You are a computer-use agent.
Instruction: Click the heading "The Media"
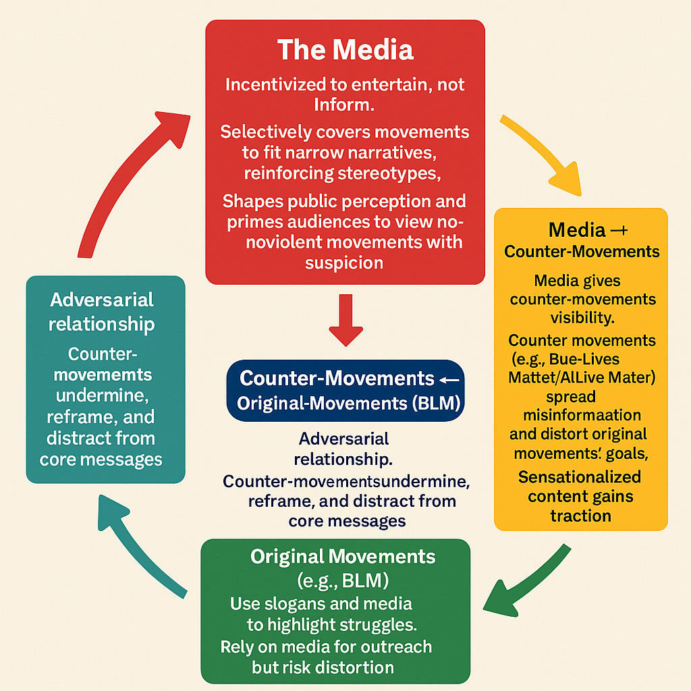point(345,50)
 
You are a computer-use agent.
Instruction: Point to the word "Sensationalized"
point(580,477)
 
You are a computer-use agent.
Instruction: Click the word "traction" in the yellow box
point(580,516)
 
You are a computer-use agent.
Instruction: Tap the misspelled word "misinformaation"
point(582,414)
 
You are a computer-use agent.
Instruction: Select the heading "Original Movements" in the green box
point(343,557)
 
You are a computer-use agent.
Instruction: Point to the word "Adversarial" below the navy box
point(344,439)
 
